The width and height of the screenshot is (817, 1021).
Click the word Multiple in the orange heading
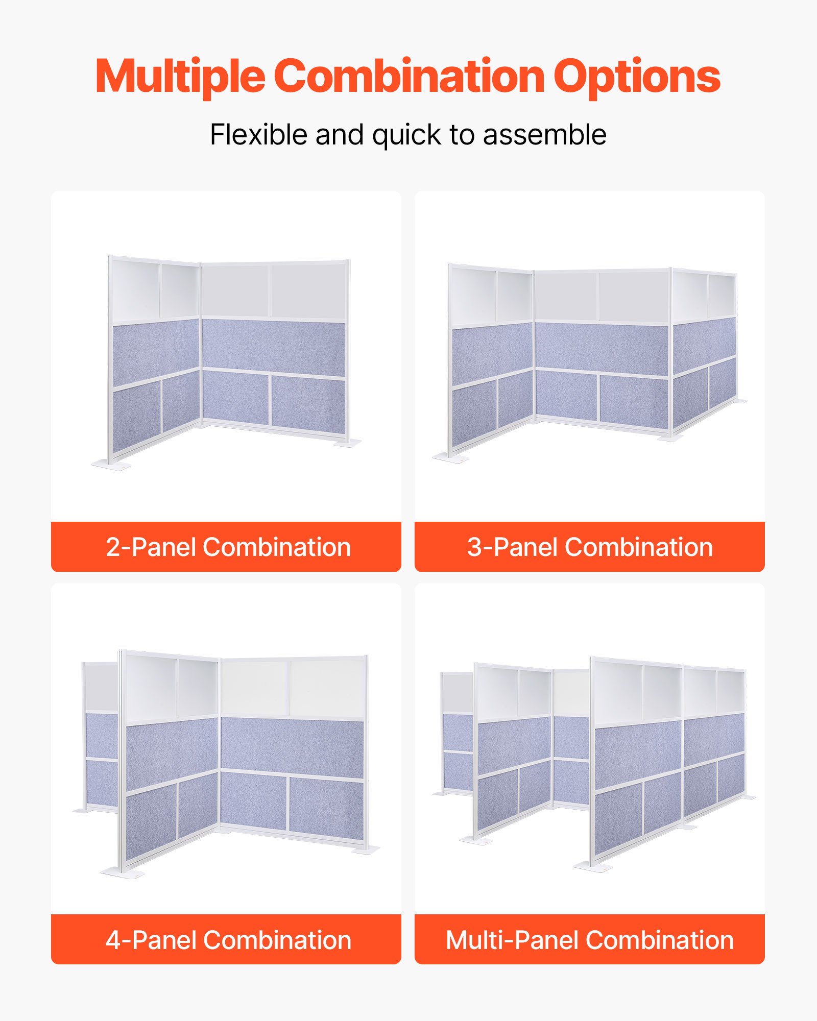tap(180, 77)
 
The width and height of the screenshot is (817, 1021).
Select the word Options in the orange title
tap(636, 77)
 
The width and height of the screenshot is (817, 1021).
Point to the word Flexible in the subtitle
tap(259, 135)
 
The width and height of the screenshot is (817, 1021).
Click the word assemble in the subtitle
tap(544, 135)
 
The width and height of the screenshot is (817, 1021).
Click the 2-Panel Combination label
tap(228, 547)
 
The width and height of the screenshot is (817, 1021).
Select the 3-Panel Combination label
tap(590, 547)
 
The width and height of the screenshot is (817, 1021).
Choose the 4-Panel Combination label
tap(228, 940)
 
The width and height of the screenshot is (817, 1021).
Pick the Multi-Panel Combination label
tap(590, 940)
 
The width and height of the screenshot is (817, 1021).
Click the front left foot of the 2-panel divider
tap(111, 464)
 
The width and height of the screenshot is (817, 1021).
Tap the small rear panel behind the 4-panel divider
tap(101, 735)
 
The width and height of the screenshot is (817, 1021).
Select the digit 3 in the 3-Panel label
tap(474, 547)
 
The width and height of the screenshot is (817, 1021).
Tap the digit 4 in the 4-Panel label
tap(113, 940)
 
